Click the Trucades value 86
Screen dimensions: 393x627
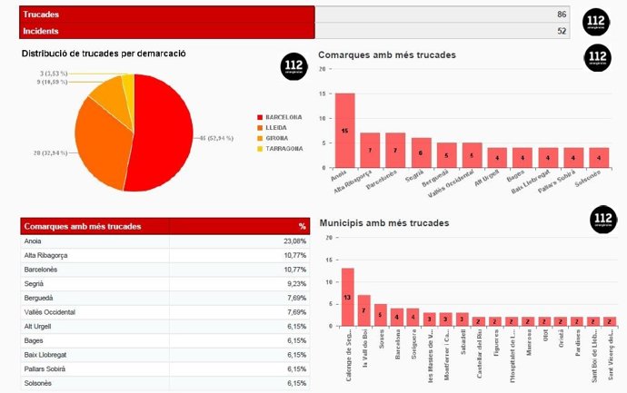[562, 15]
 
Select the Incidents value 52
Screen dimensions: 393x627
[562, 32]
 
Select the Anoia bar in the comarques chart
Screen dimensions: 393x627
[345, 131]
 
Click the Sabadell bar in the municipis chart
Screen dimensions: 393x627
[462, 319]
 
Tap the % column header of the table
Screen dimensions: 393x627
[302, 226]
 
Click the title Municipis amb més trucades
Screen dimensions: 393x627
[386, 222]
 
